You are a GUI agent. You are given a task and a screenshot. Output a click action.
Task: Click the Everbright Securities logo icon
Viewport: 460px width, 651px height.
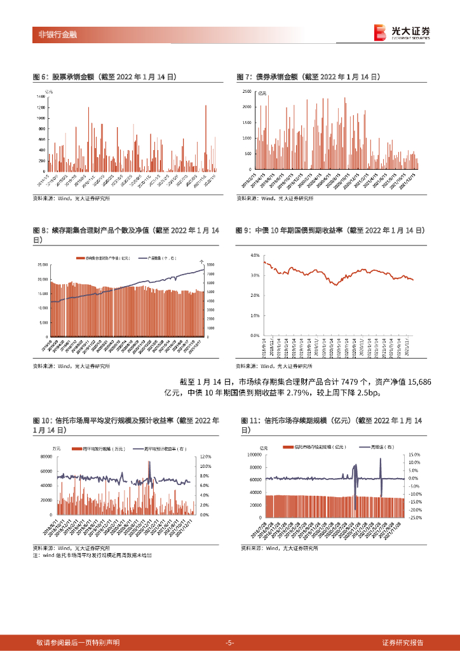[x=380, y=32]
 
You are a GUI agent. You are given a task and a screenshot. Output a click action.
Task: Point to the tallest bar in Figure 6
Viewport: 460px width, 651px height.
[x=206, y=106]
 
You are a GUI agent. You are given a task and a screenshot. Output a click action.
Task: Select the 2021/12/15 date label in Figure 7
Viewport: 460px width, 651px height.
[x=414, y=177]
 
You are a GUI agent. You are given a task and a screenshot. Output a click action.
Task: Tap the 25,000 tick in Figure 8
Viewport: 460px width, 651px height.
[x=42, y=264]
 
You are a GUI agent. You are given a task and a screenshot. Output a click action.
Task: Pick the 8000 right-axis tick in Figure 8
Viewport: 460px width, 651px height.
[x=211, y=264]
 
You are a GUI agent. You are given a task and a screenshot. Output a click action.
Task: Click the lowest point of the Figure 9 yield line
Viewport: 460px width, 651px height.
[x=336, y=285]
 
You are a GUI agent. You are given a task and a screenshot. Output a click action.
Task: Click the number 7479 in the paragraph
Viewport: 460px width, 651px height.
[x=352, y=381]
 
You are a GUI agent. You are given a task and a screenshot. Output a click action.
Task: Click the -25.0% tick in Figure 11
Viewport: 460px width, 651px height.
[x=415, y=517]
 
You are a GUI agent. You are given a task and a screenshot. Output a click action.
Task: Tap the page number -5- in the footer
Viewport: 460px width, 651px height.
[x=230, y=643]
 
